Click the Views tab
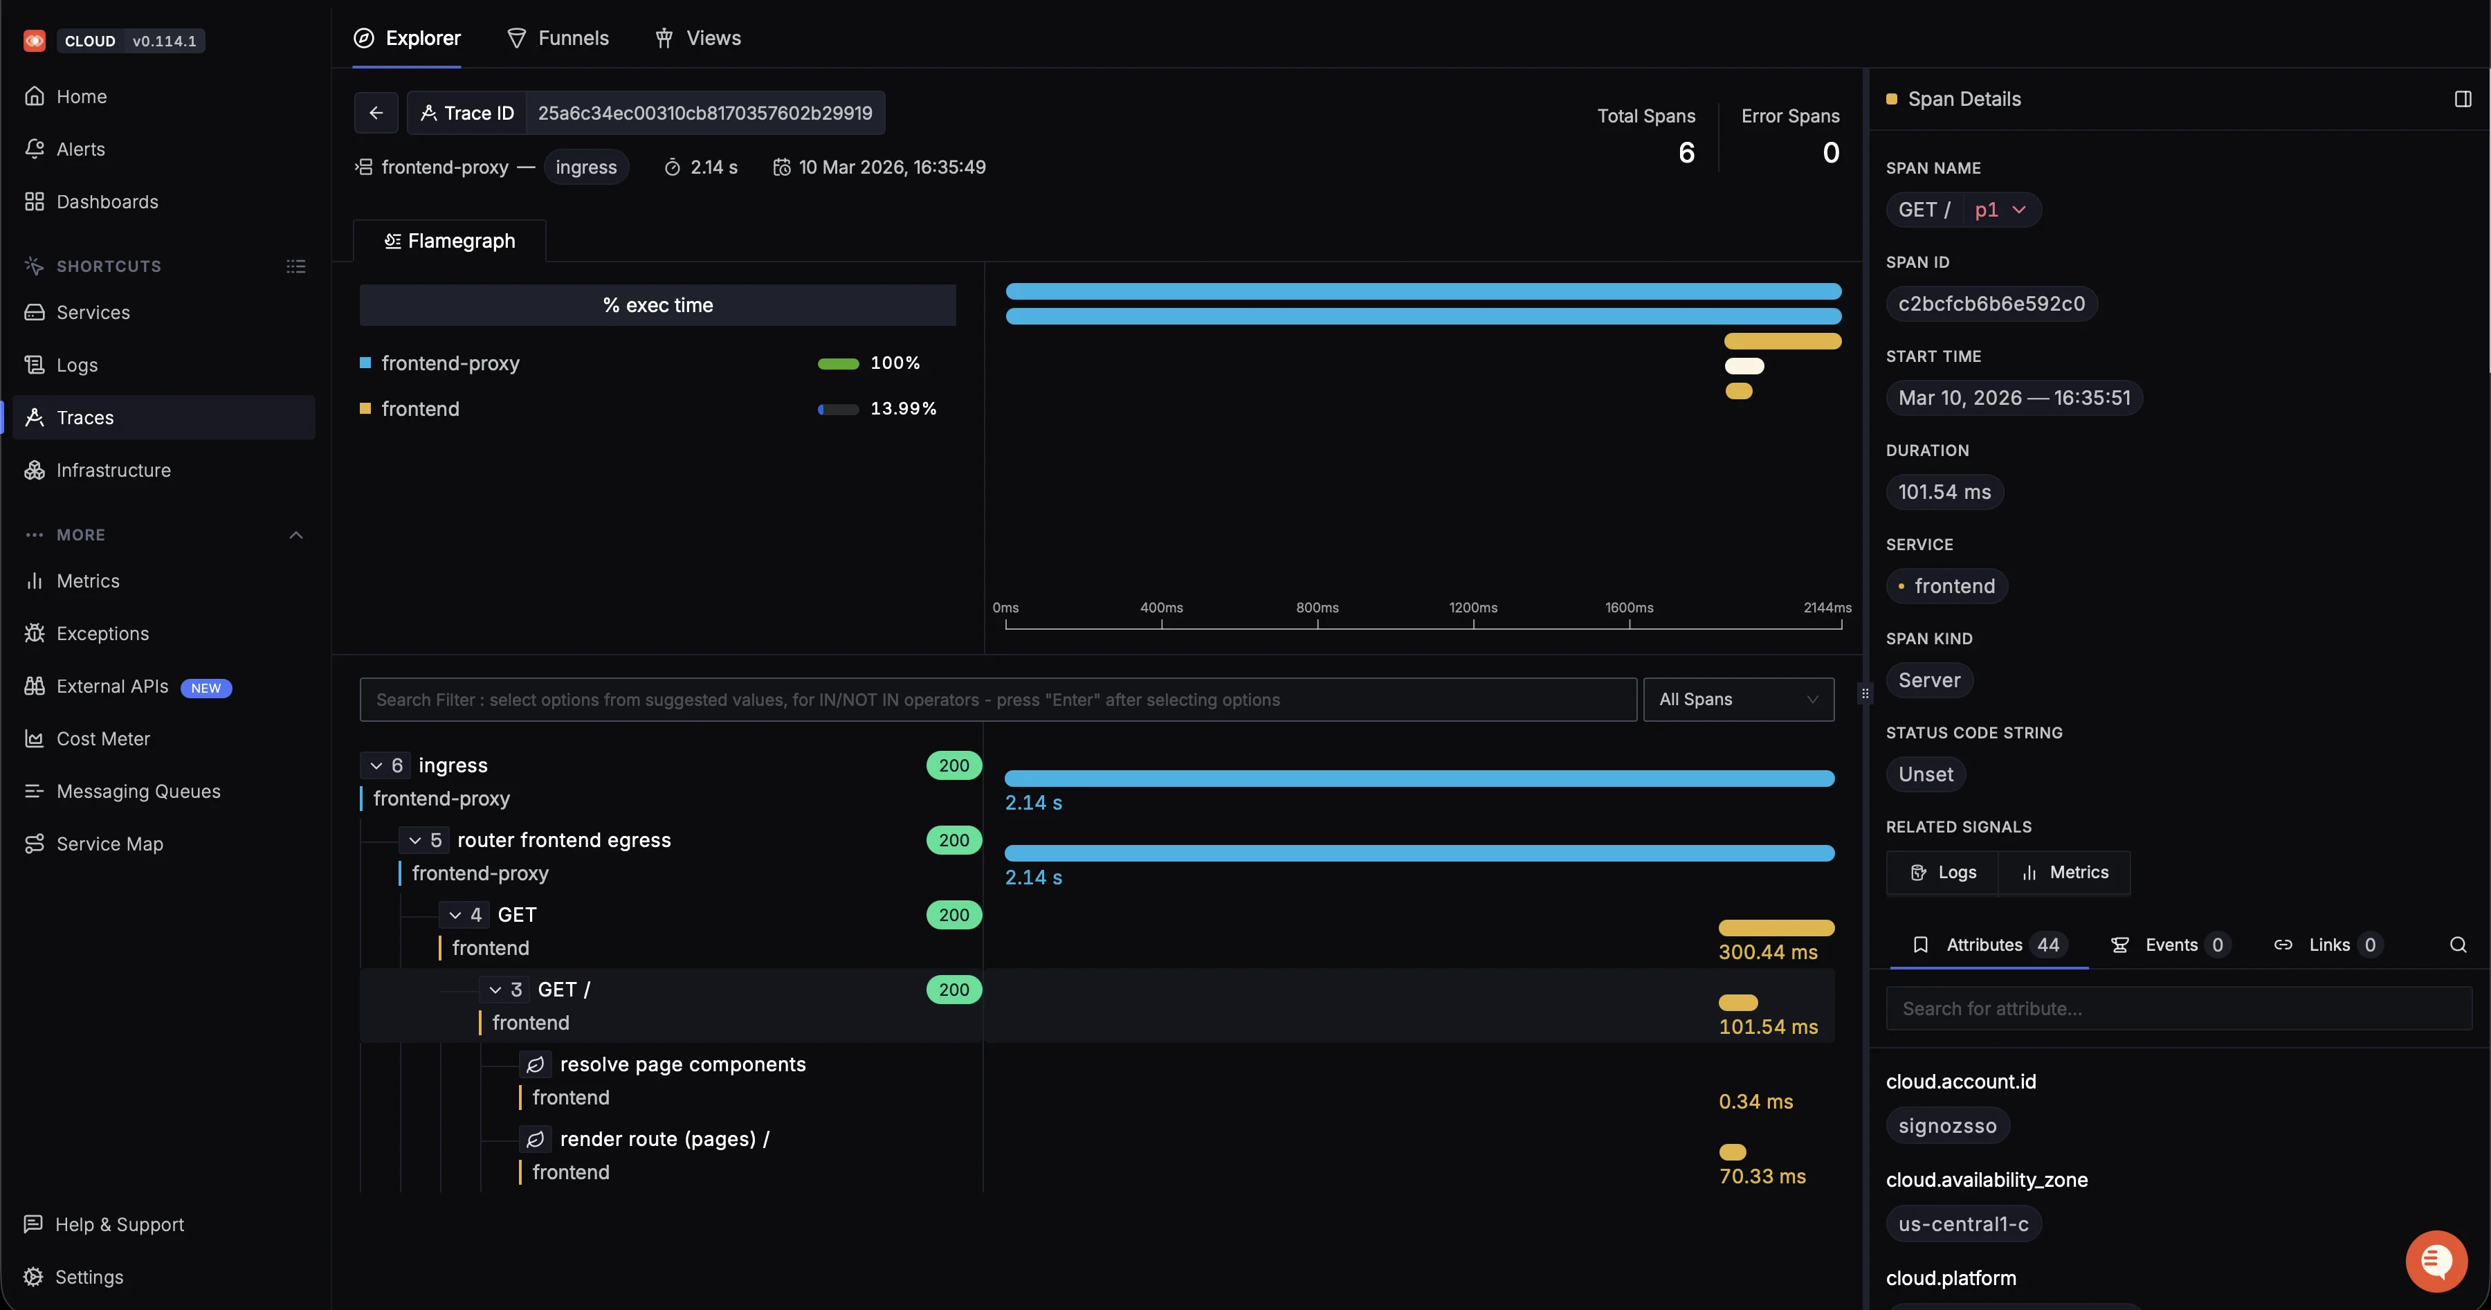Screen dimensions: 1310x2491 [698, 39]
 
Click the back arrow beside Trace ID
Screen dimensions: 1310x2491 [376, 113]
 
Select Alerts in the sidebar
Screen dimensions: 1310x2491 [81, 149]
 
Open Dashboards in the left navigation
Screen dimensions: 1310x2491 [107, 202]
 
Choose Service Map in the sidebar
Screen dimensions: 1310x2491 [109, 844]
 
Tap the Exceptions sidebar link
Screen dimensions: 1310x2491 [102, 633]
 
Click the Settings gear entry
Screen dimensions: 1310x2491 [89, 1277]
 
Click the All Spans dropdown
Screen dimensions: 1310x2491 [1737, 700]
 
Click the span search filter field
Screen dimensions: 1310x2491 [997, 700]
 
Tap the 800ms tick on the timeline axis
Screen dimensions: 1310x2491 [1317, 608]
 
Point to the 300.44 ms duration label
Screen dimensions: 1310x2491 [1768, 952]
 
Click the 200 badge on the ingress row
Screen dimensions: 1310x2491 [953, 765]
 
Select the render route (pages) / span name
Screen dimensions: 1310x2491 [664, 1139]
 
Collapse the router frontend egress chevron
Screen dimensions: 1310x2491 [415, 841]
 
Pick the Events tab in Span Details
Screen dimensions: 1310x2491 [2171, 945]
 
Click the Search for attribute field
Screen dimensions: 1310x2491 [2178, 1008]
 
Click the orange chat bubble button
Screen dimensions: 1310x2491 [2436, 1261]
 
